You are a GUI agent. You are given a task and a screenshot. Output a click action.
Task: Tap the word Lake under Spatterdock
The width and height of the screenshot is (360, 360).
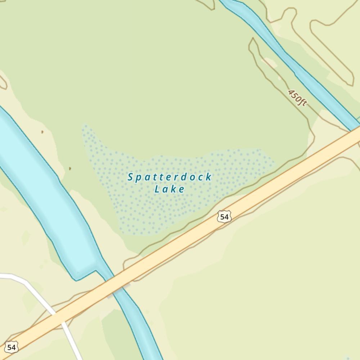point(170,189)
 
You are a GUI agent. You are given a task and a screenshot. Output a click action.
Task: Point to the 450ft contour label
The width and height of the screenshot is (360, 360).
point(297,98)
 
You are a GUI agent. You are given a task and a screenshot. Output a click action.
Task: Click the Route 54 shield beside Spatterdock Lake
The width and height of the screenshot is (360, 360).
point(224,217)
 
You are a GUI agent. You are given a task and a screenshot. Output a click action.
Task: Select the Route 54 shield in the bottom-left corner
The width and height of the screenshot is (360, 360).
point(11,347)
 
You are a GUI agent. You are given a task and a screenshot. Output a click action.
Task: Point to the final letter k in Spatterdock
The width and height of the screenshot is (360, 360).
point(209,177)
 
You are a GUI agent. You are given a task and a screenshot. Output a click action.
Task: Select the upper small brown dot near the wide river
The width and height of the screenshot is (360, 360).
point(42,132)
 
